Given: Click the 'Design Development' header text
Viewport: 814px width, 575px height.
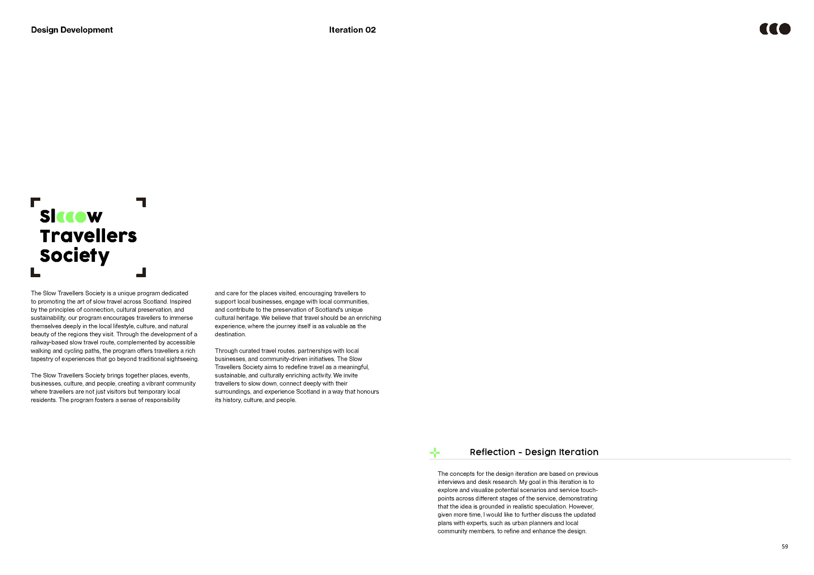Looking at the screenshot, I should click(x=72, y=30).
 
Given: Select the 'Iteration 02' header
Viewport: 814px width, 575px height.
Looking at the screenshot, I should click(x=352, y=30).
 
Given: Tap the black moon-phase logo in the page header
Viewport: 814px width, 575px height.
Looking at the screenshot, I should click(x=775, y=29).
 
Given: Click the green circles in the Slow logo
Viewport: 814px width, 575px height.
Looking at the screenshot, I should click(x=71, y=217).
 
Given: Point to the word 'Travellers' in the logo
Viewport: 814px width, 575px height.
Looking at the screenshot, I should click(x=88, y=236).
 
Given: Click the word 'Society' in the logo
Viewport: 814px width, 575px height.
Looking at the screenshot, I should click(x=74, y=256).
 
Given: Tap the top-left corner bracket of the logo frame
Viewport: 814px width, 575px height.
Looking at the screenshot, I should click(x=35, y=201).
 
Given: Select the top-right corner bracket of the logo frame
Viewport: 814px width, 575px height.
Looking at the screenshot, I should click(x=142, y=201).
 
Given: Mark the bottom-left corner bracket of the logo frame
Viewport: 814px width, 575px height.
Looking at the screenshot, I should click(x=35, y=273).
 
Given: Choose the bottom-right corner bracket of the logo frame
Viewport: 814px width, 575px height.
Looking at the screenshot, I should click(x=142, y=273).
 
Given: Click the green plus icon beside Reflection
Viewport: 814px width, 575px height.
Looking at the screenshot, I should click(x=435, y=452).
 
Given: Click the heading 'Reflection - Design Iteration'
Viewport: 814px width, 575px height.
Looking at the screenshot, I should click(x=534, y=452).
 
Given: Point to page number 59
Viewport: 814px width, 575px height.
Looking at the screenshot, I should click(x=785, y=547).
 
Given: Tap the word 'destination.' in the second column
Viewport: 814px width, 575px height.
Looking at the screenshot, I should click(x=230, y=334).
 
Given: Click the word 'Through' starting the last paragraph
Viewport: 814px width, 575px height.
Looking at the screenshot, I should click(x=226, y=351).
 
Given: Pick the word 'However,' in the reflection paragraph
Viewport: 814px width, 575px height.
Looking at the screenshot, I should click(x=581, y=506).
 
